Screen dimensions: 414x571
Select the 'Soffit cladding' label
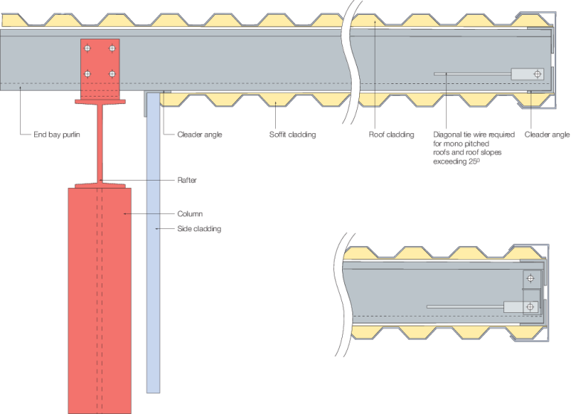[292, 135]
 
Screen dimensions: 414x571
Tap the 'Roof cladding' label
[391, 135]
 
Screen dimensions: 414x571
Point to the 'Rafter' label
[187, 180]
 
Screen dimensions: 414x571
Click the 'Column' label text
[190, 214]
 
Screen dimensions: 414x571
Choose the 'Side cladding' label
[199, 229]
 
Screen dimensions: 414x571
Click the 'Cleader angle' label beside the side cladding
[199, 135]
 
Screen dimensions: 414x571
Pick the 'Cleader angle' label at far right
[546, 135]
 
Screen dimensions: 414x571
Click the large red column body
[100, 297]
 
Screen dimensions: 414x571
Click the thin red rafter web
[100, 145]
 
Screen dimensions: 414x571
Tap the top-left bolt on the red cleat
[88, 49]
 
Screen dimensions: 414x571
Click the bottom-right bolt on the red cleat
[112, 74]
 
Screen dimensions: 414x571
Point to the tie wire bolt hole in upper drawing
[538, 74]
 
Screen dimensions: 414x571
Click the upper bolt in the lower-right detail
[530, 279]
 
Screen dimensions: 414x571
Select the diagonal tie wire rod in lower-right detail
[465, 306]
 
